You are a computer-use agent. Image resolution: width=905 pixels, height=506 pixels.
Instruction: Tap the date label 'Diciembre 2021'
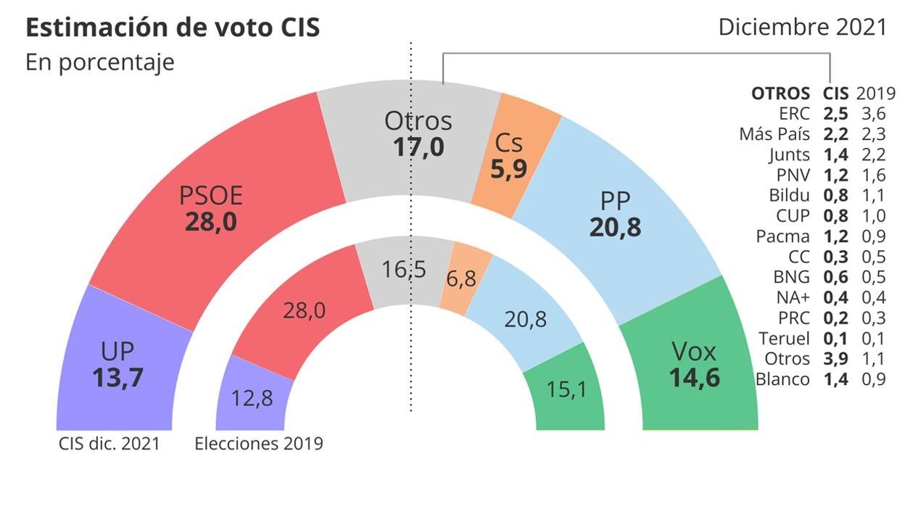802,27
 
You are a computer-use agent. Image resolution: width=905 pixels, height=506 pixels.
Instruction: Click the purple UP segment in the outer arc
116,362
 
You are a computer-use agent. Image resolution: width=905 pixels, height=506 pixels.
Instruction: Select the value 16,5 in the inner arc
404,270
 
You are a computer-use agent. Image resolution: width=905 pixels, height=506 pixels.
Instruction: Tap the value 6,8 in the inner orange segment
461,278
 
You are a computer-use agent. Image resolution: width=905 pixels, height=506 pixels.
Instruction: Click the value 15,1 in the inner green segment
565,389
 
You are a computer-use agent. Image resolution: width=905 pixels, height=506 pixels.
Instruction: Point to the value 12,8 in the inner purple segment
252,398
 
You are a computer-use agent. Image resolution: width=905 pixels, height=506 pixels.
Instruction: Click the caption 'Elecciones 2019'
259,444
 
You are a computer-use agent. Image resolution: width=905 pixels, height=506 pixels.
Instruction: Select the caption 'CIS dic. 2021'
109,444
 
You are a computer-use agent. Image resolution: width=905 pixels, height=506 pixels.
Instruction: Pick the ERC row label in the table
794,114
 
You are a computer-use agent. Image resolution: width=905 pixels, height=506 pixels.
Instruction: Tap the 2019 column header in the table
876,94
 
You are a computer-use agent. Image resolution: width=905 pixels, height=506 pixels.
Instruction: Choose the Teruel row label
783,338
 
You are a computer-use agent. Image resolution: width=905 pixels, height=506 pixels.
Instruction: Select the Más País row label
774,134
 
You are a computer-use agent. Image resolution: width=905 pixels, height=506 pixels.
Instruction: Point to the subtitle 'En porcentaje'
100,62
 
